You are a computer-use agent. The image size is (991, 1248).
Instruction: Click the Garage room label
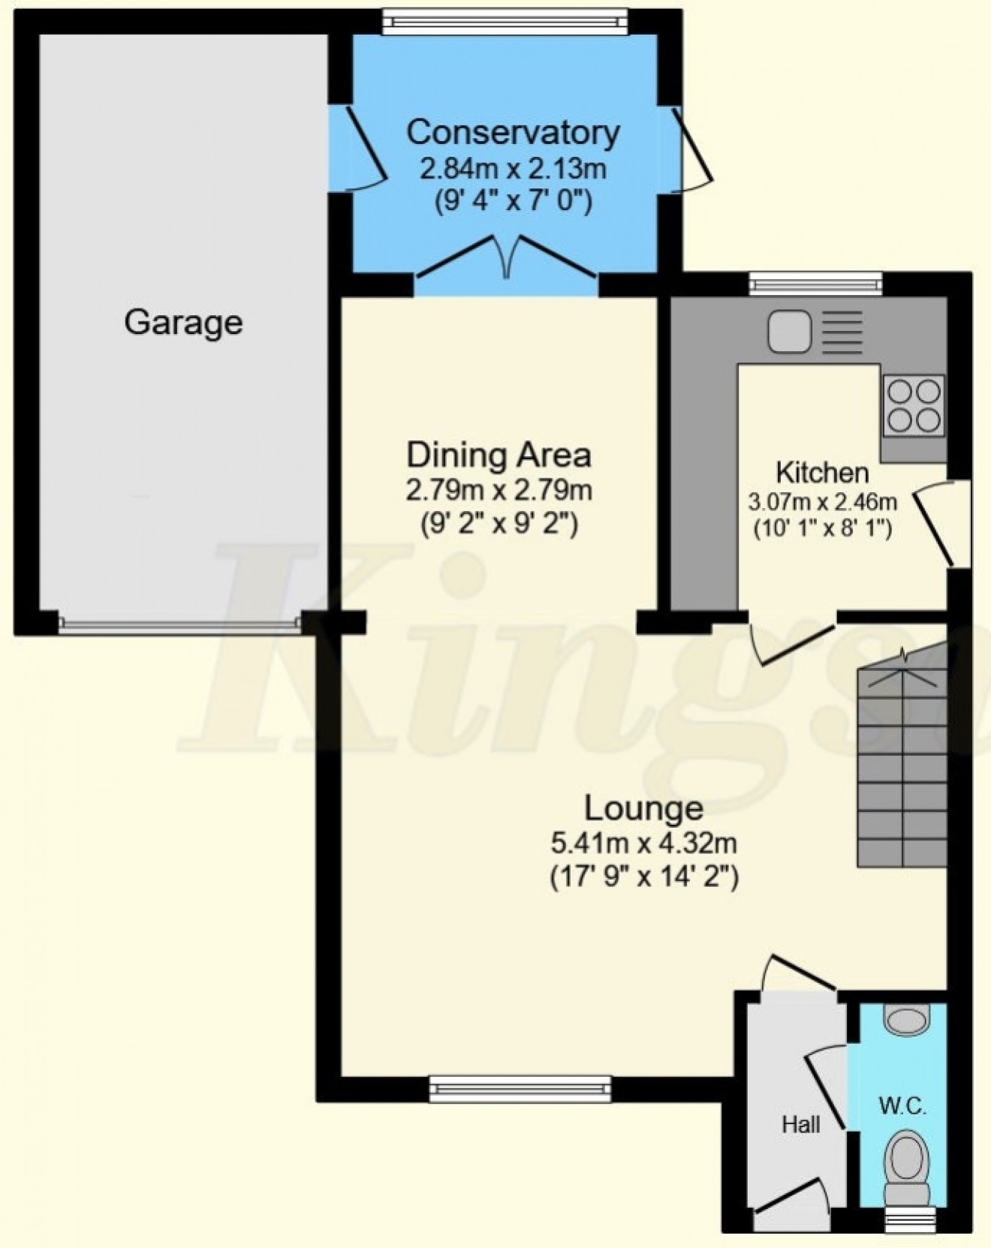tap(183, 323)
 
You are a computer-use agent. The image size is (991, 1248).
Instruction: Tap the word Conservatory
tap(513, 133)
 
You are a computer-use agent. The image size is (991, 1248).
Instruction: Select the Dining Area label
tap(499, 455)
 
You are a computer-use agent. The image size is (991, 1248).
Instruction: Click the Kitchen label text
tap(822, 473)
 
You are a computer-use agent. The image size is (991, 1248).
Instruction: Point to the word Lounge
tap(643, 808)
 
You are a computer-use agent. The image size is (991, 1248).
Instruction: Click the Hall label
tap(801, 1123)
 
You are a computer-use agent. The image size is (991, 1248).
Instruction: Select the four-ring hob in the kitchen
tap(914, 405)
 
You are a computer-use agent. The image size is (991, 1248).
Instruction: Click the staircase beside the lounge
tap(900, 765)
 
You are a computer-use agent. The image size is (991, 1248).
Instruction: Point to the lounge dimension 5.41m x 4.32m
tap(643, 844)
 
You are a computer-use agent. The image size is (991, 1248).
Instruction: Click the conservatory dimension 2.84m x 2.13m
tap(513, 169)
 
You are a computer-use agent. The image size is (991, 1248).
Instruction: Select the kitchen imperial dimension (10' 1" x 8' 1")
tap(822, 529)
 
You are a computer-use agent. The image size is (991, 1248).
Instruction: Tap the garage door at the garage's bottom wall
tap(181, 622)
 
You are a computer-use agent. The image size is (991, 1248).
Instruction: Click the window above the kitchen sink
tap(815, 282)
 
